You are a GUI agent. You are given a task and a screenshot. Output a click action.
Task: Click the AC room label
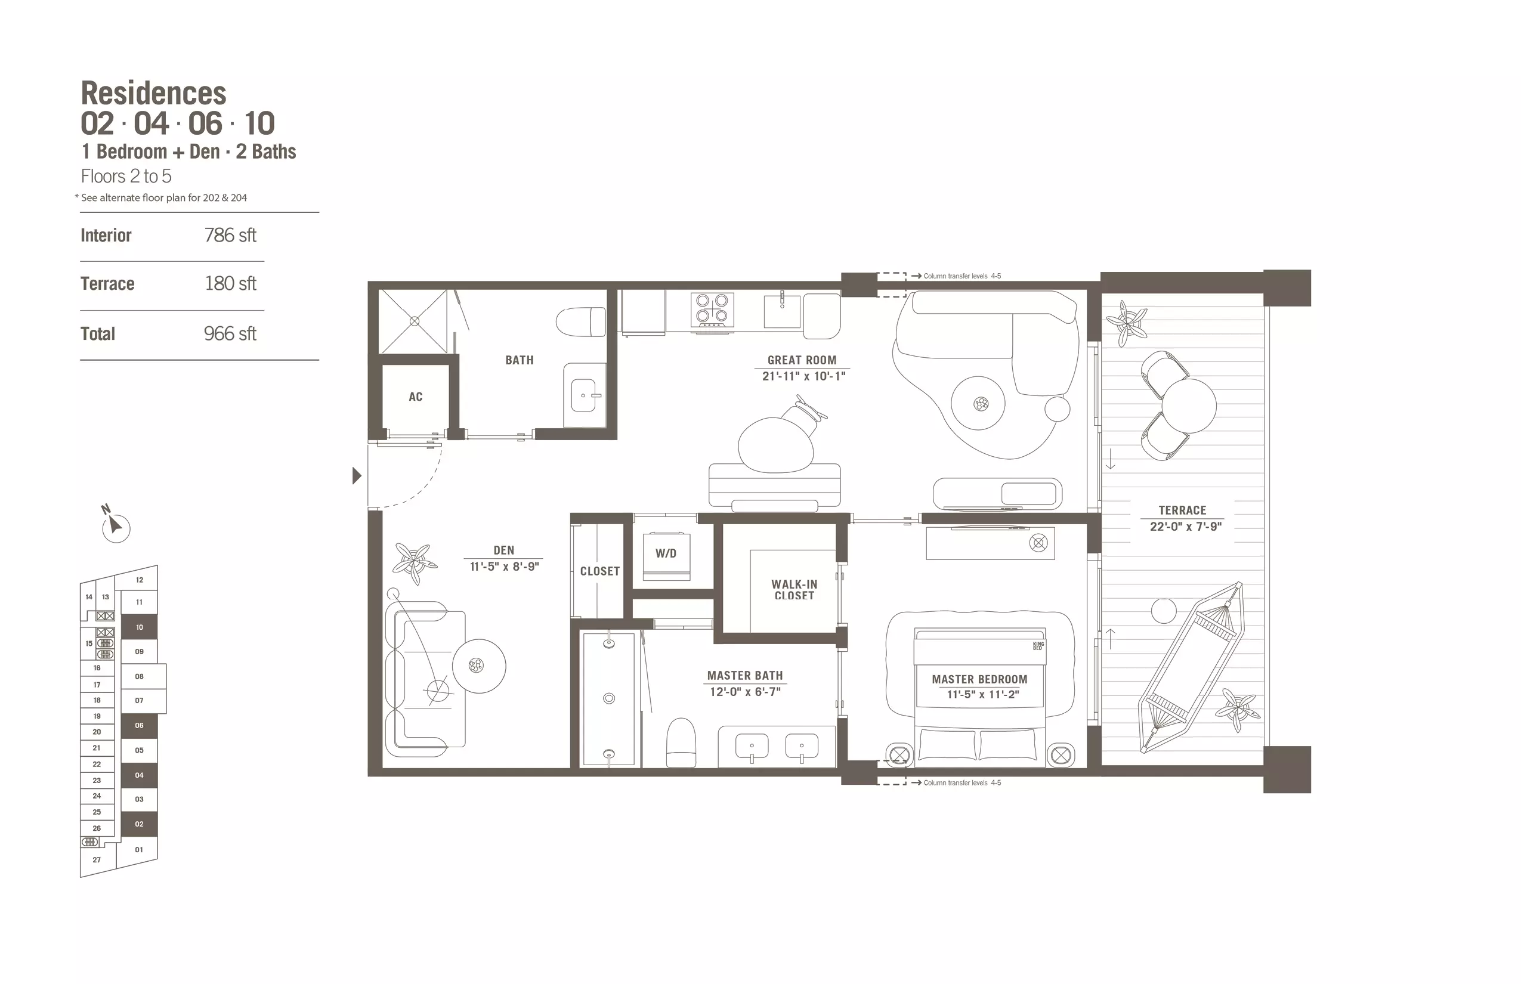415,397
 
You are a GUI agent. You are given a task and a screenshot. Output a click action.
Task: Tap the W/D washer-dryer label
665,553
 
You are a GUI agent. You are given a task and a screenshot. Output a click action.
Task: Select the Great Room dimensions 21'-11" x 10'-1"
803,376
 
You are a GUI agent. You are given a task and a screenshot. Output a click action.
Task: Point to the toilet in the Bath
580,321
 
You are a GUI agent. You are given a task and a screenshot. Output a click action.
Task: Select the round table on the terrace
1189,406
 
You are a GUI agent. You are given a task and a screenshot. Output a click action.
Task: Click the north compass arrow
115,525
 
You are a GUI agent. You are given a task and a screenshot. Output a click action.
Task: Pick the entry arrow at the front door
357,475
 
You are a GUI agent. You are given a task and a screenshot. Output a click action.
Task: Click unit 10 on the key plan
140,627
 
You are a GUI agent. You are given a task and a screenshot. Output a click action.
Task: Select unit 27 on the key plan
97,860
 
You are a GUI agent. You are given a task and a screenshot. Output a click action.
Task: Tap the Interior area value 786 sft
230,235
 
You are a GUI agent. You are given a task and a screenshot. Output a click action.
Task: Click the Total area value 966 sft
230,333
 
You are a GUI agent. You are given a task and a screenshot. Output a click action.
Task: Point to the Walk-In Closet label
794,590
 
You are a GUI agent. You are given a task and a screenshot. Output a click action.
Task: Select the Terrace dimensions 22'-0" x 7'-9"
1186,527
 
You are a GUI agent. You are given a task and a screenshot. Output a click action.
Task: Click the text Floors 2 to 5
126,177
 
